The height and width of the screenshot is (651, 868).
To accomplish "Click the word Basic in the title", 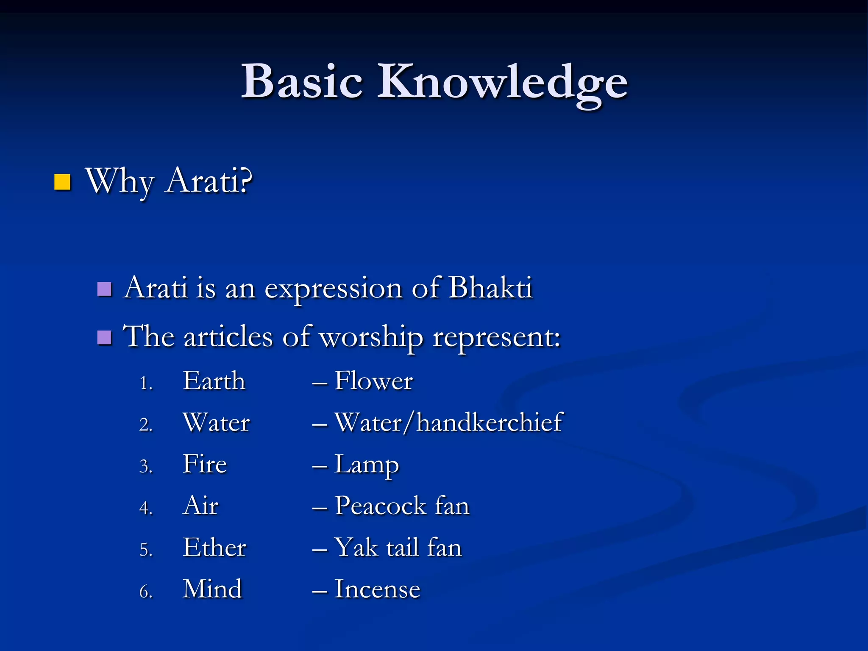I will pyautogui.click(x=302, y=81).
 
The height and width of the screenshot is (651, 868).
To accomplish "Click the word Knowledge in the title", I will pyautogui.click(x=502, y=83).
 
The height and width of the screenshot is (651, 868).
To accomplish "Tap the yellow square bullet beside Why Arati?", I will pyautogui.click(x=62, y=182).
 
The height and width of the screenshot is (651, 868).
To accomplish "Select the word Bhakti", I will pyautogui.click(x=490, y=288).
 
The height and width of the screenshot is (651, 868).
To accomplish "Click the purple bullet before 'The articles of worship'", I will pyautogui.click(x=104, y=338).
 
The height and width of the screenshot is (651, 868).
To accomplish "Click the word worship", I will pyautogui.click(x=371, y=338).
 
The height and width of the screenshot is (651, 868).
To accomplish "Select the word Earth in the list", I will pyautogui.click(x=214, y=381).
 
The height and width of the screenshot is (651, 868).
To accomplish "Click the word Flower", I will pyautogui.click(x=373, y=381).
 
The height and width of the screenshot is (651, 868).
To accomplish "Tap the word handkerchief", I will pyautogui.click(x=490, y=422).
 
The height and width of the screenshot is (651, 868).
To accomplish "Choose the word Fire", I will pyautogui.click(x=205, y=464).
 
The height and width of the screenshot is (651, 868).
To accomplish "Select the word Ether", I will pyautogui.click(x=214, y=547).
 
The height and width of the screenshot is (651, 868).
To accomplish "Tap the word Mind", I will pyautogui.click(x=212, y=589).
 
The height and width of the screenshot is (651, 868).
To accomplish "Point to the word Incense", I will pyautogui.click(x=377, y=589).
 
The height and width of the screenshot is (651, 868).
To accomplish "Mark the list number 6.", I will pyautogui.click(x=145, y=592).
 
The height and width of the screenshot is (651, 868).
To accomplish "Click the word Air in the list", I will pyautogui.click(x=201, y=506).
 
